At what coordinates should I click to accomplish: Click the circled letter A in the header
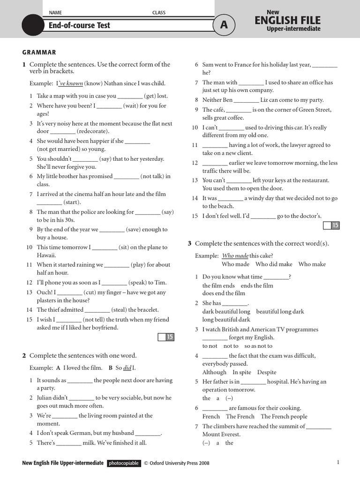[224, 25]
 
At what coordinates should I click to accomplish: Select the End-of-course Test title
[79, 25]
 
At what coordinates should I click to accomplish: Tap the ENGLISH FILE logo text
[287, 20]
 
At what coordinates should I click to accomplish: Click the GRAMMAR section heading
[39, 52]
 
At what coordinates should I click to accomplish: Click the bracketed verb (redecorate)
[93, 131]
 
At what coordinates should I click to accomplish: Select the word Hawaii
[46, 255]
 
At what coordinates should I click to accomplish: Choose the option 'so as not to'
[258, 346]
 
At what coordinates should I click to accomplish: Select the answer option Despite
[267, 372]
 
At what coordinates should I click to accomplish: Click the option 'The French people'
[284, 417]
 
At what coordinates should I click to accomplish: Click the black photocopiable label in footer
[124, 463]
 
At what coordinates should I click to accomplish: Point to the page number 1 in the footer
[338, 463]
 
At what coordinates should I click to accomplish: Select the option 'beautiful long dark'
[280, 312]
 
